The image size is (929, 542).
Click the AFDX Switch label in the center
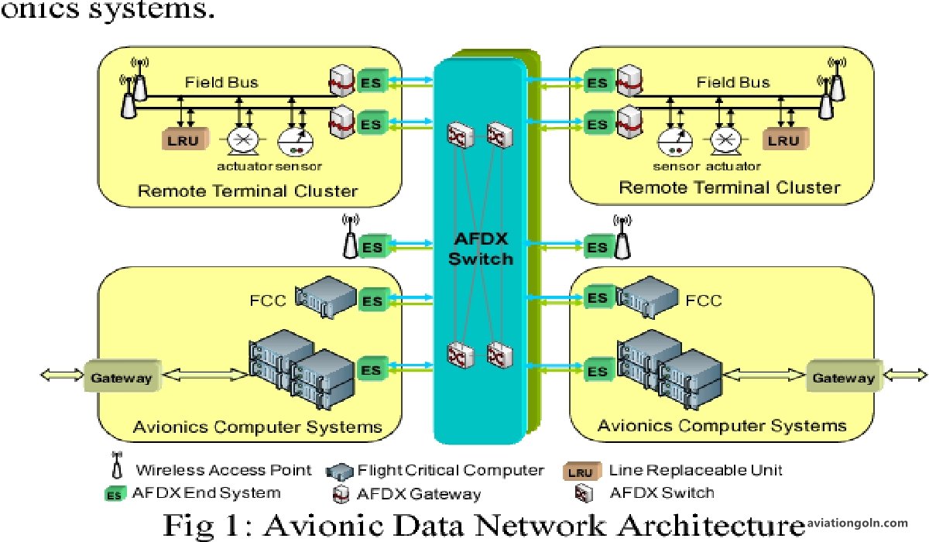tap(482, 248)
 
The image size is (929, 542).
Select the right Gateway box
tap(843, 378)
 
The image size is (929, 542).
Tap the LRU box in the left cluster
tap(183, 140)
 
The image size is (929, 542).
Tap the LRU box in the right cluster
tap(783, 140)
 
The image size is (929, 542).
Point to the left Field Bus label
tap(221, 81)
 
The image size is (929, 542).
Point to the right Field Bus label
tap(733, 82)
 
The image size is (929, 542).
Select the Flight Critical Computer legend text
tap(451, 470)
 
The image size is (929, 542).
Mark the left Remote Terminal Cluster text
tap(248, 190)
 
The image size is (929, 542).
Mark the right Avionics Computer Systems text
tap(722, 425)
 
